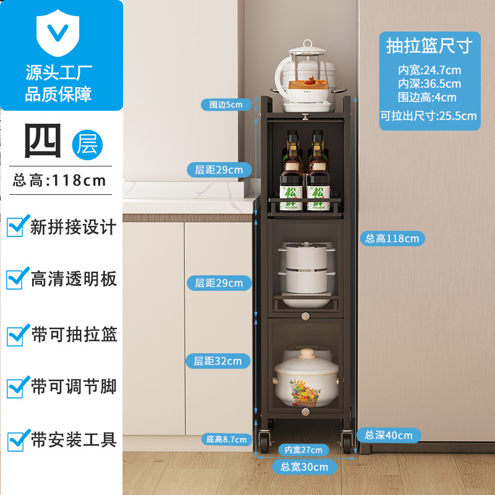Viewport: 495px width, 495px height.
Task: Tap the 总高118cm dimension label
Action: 392,238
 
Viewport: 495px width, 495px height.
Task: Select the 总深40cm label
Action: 388,435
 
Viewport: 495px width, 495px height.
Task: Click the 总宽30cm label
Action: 304,467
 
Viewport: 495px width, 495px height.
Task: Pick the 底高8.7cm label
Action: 226,439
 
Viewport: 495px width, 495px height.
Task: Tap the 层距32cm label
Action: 218,361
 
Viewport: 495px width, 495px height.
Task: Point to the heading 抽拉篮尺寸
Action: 429,46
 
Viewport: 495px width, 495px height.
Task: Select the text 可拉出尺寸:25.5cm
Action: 429,116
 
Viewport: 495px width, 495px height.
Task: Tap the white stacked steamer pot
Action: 308,269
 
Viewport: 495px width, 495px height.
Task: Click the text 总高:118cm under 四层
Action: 59,181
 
